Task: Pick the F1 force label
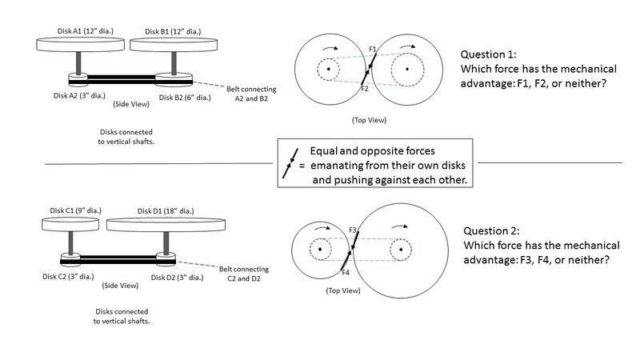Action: pos(373,50)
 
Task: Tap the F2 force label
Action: pos(364,88)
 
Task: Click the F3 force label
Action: pos(353,230)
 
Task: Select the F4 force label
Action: pos(346,273)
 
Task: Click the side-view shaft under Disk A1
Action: pos(81,62)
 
